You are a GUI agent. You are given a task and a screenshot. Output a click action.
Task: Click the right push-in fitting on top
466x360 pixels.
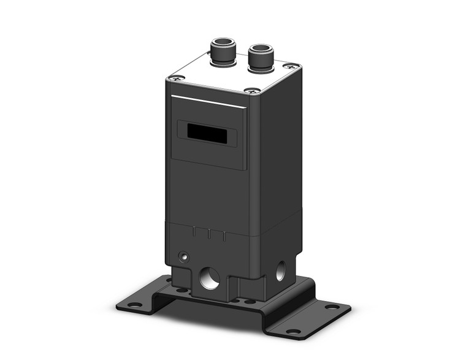click(x=260, y=54)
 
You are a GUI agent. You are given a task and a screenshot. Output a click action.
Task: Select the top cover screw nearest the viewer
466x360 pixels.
click(x=251, y=91)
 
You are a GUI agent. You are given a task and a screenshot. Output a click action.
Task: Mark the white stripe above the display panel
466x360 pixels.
click(x=208, y=102)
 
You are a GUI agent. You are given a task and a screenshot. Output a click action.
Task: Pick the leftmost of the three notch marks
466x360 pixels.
click(x=194, y=231)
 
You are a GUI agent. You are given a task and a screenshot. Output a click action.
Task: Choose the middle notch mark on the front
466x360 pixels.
click(x=209, y=234)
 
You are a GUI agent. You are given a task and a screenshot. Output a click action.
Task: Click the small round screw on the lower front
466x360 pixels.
click(x=181, y=255)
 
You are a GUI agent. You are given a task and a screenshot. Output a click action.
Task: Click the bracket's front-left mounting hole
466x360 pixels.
click(x=132, y=304)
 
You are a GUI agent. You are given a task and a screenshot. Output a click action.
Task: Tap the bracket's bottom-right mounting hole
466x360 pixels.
click(x=293, y=332)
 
